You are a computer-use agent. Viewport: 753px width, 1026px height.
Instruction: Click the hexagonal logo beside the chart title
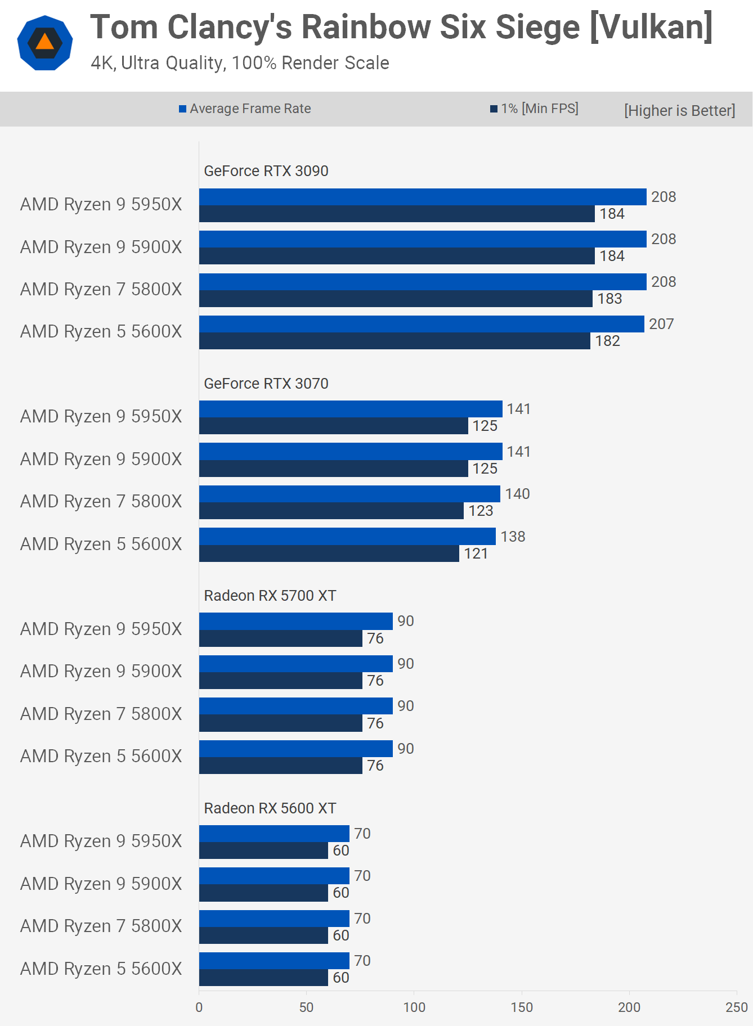pos(45,43)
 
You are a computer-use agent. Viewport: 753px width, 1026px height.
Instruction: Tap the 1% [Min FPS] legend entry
pos(534,109)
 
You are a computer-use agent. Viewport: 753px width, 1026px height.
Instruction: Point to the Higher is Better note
pos(679,110)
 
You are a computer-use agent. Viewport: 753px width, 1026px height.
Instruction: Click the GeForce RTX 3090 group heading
pos(266,171)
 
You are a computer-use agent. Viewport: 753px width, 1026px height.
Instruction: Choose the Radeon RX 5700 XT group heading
pos(270,596)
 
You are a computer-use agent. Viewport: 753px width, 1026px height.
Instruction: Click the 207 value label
pos(661,324)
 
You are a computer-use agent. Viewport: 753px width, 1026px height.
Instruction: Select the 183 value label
pos(609,299)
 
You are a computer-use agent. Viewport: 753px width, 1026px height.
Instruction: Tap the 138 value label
pos(513,537)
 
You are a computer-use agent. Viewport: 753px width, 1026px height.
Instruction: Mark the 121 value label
pos(476,553)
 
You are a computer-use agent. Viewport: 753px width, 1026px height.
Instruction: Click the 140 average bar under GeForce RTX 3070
pos(349,494)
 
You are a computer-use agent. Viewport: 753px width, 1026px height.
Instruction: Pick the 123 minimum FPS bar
pos(331,511)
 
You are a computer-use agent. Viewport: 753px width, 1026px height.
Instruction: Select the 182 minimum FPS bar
pos(394,341)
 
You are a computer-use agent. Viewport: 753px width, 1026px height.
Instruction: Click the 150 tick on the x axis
pos(522,1007)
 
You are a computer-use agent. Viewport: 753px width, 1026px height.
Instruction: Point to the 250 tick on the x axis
pos(736,1007)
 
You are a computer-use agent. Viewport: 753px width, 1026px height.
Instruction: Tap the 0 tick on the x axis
pos(199,1007)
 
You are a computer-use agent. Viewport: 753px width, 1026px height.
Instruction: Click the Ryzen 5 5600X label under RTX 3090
pos(101,332)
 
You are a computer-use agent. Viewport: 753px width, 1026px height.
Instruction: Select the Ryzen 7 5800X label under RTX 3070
pos(101,501)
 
